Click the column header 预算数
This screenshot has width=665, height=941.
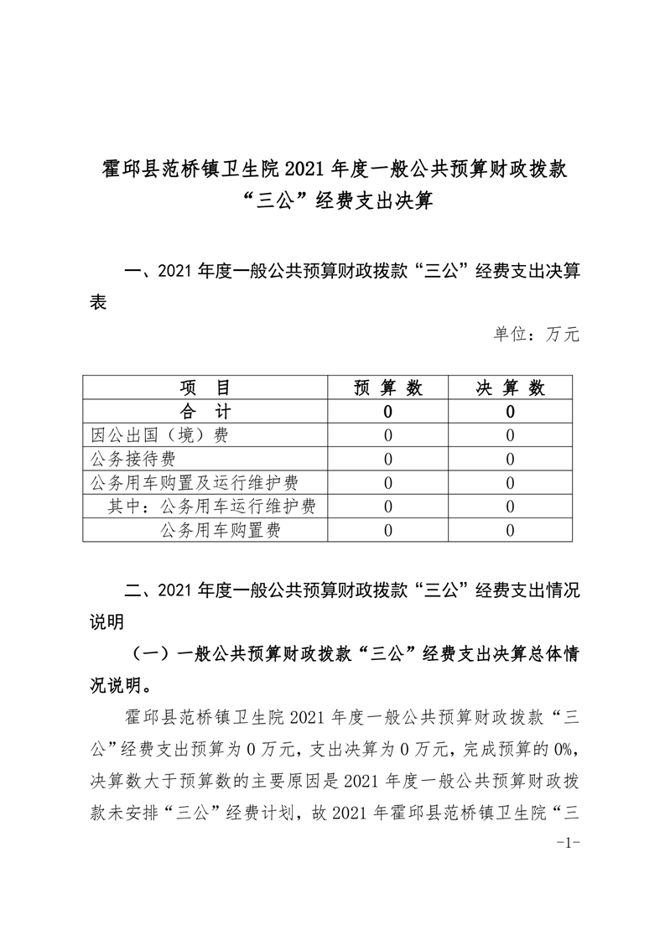point(387,387)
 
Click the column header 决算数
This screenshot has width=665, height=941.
point(510,387)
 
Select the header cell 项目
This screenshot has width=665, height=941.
point(205,387)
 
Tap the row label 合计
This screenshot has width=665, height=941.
point(205,411)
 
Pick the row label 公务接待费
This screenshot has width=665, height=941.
point(140,459)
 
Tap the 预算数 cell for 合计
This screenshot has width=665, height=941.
point(387,411)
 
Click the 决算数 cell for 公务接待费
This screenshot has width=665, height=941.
point(510,459)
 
